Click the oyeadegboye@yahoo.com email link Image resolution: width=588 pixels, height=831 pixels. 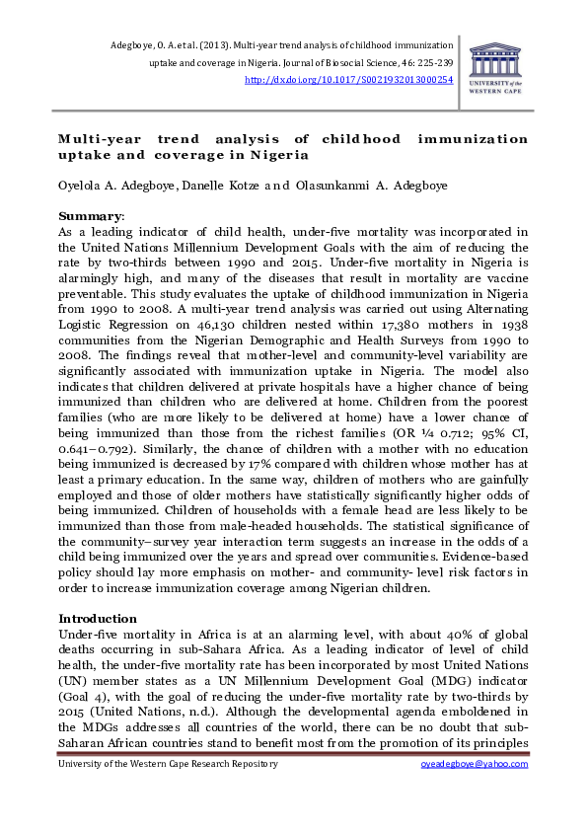pos(476,764)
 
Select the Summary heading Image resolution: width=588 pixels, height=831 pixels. pos(91,216)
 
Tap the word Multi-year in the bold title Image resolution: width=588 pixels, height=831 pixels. pos(97,139)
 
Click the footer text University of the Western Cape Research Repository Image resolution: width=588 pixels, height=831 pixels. pos(169,764)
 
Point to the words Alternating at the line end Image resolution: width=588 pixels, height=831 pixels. pos(489,309)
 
